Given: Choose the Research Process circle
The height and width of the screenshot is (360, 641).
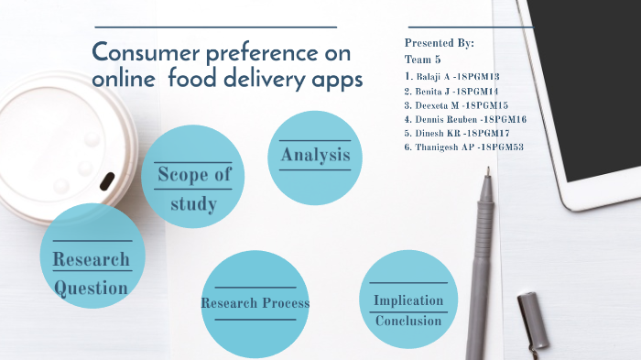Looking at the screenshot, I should [x=255, y=302].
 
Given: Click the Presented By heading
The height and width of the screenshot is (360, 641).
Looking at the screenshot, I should [x=439, y=43].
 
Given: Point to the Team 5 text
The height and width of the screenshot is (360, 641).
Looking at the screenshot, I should [x=422, y=59].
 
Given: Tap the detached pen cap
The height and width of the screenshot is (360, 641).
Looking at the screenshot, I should [x=533, y=320].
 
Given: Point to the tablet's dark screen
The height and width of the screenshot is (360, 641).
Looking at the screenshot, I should [x=595, y=82].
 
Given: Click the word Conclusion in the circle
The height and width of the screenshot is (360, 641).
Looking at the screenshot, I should [x=408, y=321].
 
